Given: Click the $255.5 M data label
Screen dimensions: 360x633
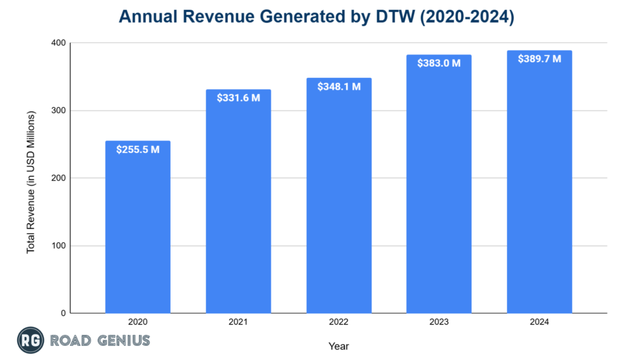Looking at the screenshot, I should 138,149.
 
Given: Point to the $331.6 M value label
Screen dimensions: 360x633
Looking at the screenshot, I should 238,98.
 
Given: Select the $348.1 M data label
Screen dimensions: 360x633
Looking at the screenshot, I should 339,87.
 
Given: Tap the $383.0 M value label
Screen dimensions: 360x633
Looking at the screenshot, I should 439,63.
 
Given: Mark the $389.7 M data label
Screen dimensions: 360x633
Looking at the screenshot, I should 539,59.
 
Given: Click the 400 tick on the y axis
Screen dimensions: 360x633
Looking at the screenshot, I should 58,43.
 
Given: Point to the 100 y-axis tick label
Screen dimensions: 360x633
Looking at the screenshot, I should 58,246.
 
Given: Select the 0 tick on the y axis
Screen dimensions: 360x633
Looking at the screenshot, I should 62,313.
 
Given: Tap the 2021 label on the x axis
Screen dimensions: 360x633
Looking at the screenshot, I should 238,322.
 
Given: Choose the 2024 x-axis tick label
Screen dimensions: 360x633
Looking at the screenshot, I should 539,322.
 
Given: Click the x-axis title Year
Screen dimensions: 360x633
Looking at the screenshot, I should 339,346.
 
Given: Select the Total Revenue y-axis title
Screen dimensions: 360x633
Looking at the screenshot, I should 30,182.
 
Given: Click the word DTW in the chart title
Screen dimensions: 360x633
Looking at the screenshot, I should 402,17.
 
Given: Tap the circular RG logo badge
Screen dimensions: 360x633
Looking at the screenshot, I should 28,340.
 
